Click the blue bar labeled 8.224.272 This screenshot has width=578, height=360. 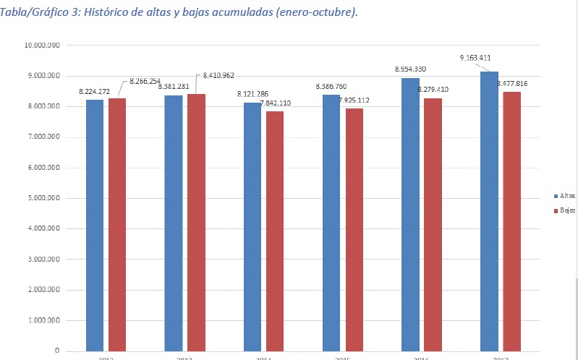(x=95, y=225)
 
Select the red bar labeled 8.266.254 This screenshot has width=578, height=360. (x=117, y=224)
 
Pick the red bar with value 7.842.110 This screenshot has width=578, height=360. (x=274, y=231)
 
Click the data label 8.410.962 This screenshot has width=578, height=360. (x=218, y=75)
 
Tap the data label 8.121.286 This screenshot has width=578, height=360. (x=253, y=95)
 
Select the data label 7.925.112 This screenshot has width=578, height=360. (x=353, y=100)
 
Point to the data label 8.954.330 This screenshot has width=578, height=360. (x=410, y=69)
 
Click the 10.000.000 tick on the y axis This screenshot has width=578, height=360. (x=42, y=46)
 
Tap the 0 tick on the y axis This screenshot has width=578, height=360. (x=56, y=351)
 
